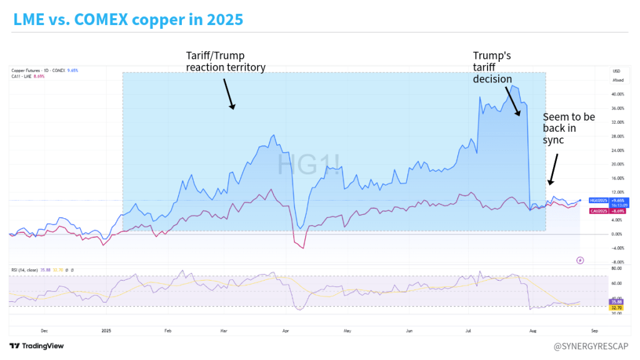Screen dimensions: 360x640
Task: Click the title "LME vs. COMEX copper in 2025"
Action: coord(128,19)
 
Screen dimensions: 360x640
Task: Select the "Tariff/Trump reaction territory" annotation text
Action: coord(226,61)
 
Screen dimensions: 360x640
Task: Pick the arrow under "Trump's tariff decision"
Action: coord(512,101)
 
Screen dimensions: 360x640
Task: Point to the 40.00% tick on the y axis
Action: coord(618,94)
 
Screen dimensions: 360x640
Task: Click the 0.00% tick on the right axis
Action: coord(617,234)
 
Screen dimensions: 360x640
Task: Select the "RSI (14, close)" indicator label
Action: coord(25,269)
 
